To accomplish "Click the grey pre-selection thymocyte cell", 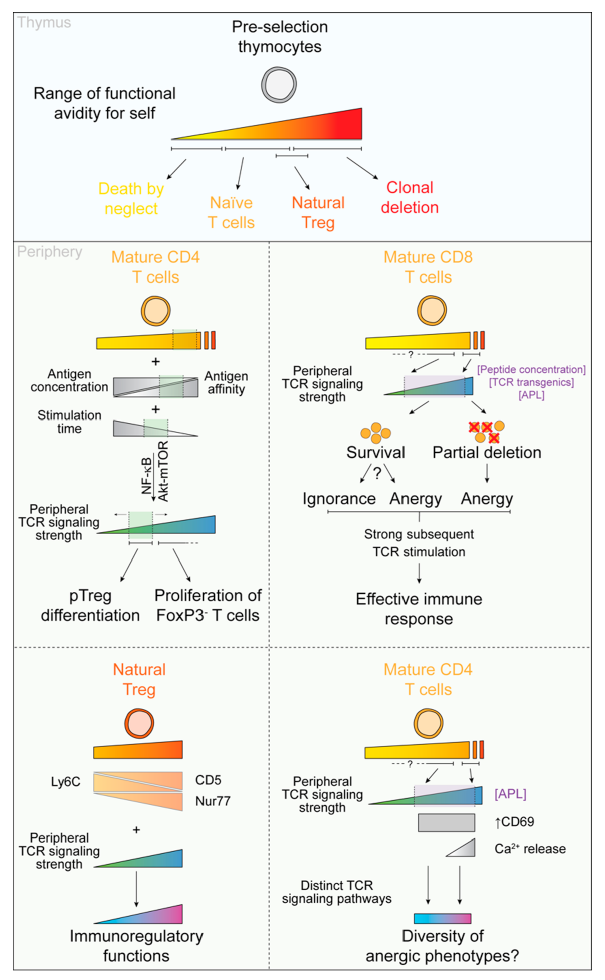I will pos(279,85).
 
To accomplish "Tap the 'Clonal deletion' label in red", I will pos(409,197).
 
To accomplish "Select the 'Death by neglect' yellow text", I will pos(131,198).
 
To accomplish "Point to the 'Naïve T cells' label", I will pos(231,213).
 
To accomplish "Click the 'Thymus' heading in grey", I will pos(44,23).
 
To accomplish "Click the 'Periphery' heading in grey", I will pos(49,252).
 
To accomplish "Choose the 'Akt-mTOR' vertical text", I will pos(163,471).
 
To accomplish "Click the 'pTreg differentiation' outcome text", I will pos(90,605).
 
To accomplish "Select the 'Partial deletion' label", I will pos(487,452).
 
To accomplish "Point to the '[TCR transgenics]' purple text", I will pos(531,382).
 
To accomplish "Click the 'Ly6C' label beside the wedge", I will pos(65,782).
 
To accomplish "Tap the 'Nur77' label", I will pos(213,801).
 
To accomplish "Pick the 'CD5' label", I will pos(208,780).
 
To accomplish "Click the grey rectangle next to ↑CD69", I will pos(446,823).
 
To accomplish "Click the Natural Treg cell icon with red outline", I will pos(139,723).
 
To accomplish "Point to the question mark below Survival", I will pos(377,473).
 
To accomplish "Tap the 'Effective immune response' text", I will pos(419,609).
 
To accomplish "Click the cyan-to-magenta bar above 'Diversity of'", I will pos(442,918).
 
